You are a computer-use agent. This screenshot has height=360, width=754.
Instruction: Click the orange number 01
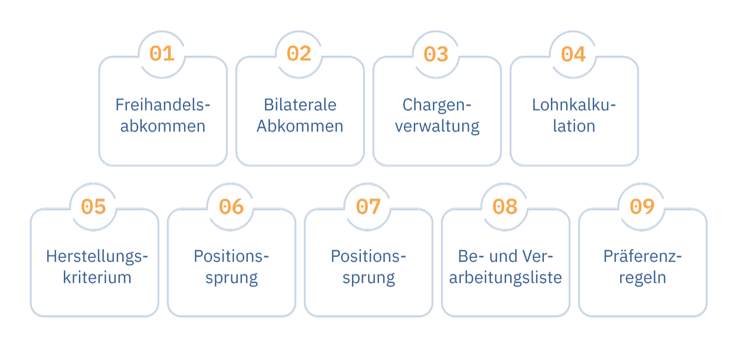(162, 54)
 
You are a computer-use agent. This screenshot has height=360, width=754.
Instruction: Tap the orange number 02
(299, 54)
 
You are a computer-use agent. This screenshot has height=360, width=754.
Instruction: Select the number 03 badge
(436, 54)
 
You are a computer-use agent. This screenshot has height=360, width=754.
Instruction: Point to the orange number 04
(573, 54)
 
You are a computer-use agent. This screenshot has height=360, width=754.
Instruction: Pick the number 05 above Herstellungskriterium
(93, 206)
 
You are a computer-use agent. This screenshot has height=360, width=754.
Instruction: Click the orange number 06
(231, 206)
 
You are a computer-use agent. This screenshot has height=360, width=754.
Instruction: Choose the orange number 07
(368, 206)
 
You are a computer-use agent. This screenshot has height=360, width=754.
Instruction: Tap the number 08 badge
(505, 206)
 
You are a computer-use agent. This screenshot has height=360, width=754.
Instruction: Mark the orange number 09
(642, 206)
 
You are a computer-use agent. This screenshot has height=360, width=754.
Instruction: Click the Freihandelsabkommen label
(163, 115)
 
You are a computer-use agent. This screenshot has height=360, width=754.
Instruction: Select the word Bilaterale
(300, 105)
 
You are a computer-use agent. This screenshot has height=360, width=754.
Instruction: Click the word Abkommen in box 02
(300, 126)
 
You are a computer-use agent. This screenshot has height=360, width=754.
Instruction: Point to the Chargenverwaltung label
(437, 115)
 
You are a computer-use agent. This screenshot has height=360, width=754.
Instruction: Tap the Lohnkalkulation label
(574, 115)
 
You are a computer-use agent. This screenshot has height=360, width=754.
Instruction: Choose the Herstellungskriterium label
(97, 267)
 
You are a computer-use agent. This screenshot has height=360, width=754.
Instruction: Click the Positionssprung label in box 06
(231, 267)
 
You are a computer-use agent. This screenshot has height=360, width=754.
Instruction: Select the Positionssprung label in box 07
(368, 267)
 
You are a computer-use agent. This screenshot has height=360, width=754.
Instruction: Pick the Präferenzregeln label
(642, 267)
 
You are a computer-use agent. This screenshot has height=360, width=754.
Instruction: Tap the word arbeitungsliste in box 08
(505, 278)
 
